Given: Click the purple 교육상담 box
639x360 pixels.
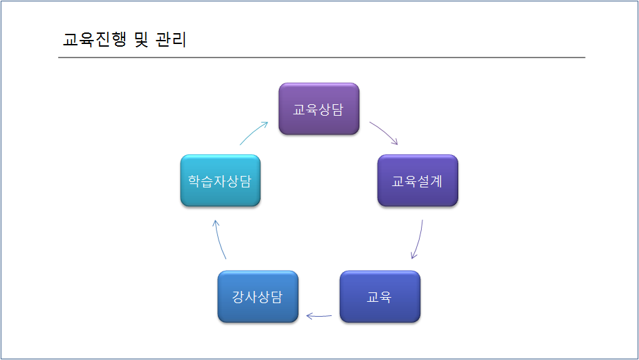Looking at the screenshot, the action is point(319,109).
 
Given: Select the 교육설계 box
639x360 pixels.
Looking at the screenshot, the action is point(418,181).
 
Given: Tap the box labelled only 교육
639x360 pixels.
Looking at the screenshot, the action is point(380,296).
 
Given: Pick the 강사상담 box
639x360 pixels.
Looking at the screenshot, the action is point(258,296).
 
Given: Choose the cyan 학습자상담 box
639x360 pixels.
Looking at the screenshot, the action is point(221,181).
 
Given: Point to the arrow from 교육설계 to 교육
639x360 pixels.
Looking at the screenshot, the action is point(418,240).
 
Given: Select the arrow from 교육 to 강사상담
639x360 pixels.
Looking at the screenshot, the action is point(319,315).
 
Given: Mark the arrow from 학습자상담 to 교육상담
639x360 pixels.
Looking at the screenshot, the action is point(253,133).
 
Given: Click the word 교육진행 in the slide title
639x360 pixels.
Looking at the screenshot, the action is point(95,39).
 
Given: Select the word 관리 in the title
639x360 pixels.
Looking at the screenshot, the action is point(171,39).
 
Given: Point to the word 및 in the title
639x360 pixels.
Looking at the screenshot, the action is point(141,39).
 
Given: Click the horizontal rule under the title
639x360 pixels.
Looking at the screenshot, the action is point(322,58).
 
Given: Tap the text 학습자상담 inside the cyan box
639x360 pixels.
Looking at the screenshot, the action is point(219,181).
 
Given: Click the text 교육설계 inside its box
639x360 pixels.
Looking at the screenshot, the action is point(417,181).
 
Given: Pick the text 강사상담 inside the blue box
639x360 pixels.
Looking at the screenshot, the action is point(257,297).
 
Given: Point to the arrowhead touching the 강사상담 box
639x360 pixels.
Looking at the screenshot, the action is point(309,315).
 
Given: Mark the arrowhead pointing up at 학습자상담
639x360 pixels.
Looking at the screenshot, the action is point(216,223).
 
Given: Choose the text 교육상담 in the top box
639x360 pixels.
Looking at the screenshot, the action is point(318,110).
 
